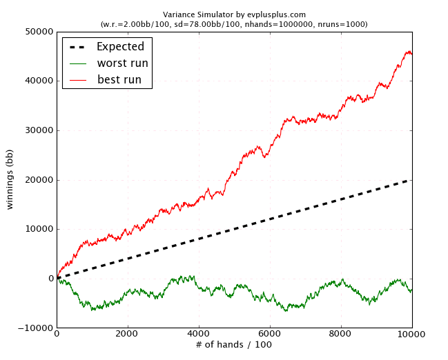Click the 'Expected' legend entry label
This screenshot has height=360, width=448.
[x=120, y=47]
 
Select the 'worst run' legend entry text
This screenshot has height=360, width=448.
[x=123, y=63]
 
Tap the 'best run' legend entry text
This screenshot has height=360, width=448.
[x=119, y=80]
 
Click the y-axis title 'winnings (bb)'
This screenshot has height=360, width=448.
[x=11, y=179]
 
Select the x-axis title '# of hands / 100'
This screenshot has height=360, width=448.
[x=234, y=345]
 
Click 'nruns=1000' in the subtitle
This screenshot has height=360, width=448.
[x=345, y=24]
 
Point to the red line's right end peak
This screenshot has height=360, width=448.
[x=409, y=52]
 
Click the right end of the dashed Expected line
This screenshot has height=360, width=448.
[x=411, y=180]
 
